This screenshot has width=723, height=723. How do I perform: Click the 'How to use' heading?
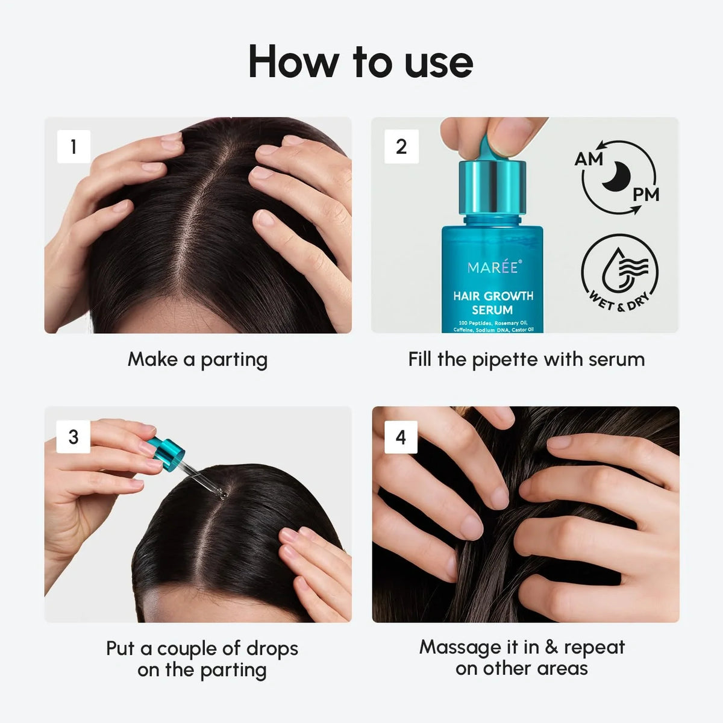coord(360,62)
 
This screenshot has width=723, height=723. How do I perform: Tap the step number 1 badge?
coord(74,146)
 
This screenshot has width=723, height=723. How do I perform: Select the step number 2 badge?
coord(401,146)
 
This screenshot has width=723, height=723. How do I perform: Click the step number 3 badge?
coord(74,436)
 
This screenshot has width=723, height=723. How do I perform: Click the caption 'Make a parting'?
coord(198,360)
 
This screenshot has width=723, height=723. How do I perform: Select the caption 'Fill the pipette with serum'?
coord(526,360)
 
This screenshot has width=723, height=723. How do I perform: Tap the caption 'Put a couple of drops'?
coord(202,649)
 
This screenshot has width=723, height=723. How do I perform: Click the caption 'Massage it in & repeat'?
coord(522,647)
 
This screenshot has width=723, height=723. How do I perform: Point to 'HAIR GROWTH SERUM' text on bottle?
coord(493,303)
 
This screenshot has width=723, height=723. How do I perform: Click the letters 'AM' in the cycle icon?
coord(589,159)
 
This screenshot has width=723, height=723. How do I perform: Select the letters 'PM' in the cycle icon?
coord(645,195)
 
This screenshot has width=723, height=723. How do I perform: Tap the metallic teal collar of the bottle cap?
coord(492,187)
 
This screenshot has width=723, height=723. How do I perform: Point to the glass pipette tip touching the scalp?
coord(221,494)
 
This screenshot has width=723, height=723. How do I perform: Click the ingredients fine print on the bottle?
coord(493,327)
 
